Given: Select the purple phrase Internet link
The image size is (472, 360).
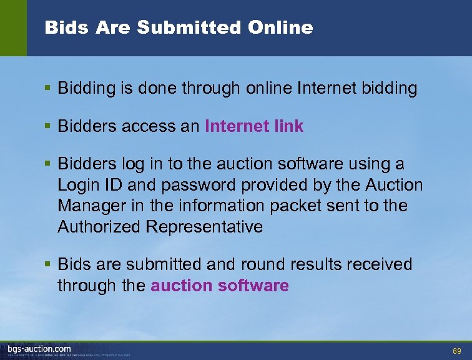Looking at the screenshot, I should tap(254, 126).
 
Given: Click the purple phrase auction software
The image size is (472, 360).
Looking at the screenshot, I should tap(220, 286).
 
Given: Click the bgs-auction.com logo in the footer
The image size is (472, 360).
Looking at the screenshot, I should tap(39, 349).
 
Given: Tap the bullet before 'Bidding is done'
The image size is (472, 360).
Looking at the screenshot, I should tap(49, 89).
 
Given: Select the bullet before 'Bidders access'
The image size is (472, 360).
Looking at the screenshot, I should tap(49, 126).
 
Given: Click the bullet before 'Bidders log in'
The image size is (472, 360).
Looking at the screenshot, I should tap(49, 164).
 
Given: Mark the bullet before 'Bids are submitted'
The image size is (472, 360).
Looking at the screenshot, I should tap(49, 265).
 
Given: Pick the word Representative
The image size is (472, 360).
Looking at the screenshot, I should tap(204, 226).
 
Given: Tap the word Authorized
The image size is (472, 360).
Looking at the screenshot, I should tap(99, 226).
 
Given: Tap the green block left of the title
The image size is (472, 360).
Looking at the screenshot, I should tap(13, 27).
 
